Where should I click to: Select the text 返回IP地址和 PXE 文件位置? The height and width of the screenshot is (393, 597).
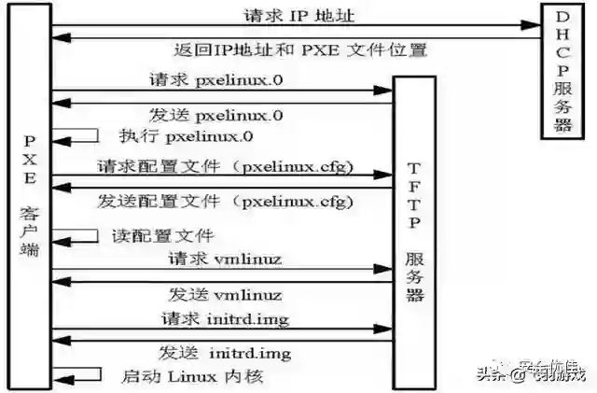click(300, 49)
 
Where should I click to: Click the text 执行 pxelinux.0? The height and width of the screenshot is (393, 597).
click(186, 136)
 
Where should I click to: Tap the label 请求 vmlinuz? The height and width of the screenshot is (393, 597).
click(225, 257)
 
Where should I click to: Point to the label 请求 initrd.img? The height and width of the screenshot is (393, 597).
click(224, 319)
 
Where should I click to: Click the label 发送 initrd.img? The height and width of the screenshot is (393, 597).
click(224, 352)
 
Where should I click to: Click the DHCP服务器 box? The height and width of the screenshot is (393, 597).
click(564, 72)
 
